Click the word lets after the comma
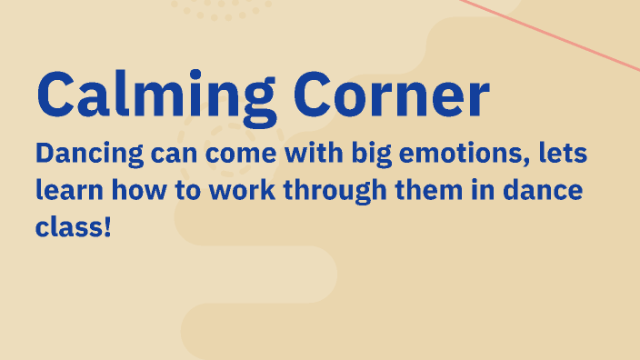tap(562, 154)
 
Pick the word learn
tap(66, 192)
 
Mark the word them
tap(431, 192)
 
